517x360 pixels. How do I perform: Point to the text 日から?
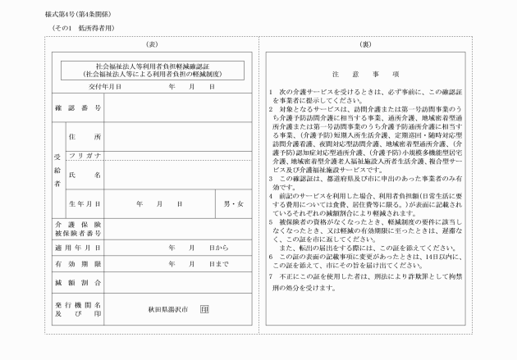pyautogui.click(x=218, y=247)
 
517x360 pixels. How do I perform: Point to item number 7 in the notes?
pyautogui.click(x=271, y=277)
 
